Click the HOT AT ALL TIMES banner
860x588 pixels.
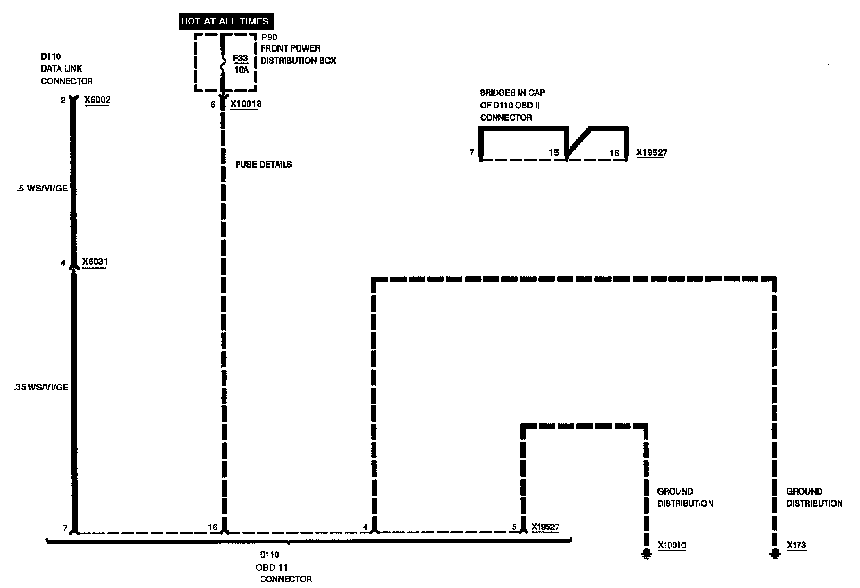[224, 21]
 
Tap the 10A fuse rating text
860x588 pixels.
[241, 70]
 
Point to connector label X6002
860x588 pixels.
[97, 100]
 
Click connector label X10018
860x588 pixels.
[245, 104]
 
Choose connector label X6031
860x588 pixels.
[95, 262]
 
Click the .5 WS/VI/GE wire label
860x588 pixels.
[42, 188]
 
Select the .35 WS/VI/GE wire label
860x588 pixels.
[41, 387]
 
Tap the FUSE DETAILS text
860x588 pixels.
[264, 164]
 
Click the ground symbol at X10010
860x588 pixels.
[647, 553]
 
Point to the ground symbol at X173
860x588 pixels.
[775, 553]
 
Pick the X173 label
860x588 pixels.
[796, 545]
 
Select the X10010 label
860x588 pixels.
[672, 545]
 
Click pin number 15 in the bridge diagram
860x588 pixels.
[554, 152]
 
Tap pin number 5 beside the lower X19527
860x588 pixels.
[514, 527]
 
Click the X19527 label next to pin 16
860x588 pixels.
[651, 152]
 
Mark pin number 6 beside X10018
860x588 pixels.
[213, 105]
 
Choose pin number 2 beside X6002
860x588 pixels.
[63, 100]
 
